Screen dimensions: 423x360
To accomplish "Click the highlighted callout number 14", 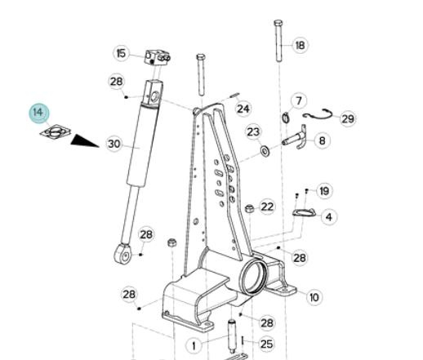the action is tap(39, 113).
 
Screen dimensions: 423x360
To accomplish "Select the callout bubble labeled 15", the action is tap(122, 53).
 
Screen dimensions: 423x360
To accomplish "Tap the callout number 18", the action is tap(300, 45).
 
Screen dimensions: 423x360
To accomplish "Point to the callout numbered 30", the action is tap(114, 144).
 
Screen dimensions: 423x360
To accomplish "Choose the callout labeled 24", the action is tap(243, 109).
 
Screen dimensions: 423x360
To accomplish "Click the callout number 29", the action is tap(348, 119).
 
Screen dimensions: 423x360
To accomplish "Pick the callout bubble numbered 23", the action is tap(253, 132).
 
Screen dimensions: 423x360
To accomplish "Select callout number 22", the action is tap(267, 207).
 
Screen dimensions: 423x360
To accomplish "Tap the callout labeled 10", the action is tap(314, 297).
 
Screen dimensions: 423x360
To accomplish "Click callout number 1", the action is tap(194, 346).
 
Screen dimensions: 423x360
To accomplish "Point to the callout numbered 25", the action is tap(267, 344).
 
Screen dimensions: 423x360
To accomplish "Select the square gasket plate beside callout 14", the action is tap(56, 131).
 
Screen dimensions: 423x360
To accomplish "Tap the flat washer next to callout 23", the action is tap(265, 151).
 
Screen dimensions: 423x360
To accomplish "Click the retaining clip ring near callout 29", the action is tap(318, 115).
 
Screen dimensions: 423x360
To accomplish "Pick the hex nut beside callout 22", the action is tap(250, 209).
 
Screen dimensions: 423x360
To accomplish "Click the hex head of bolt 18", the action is tap(278, 23).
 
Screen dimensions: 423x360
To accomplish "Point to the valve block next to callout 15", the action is tap(158, 57).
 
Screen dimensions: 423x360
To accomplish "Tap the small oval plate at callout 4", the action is tap(304, 212).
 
